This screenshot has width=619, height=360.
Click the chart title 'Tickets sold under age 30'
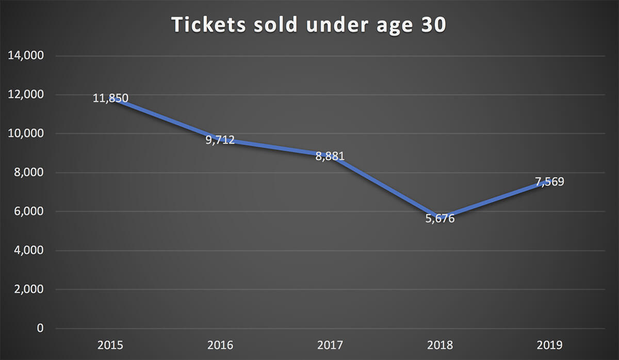308,25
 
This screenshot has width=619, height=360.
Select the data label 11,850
110,97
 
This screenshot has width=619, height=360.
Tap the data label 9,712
220,140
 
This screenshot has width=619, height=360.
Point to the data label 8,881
330,156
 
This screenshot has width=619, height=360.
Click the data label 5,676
440,219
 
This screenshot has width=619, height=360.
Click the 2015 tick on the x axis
110,345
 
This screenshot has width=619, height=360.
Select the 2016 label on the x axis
220,345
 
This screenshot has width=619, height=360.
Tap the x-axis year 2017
330,345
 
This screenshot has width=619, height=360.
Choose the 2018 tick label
440,345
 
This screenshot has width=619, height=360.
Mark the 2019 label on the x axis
550,345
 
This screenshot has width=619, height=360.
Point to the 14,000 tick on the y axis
26,56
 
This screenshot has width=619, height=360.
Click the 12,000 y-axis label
26,95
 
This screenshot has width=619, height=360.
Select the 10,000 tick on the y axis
26,134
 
